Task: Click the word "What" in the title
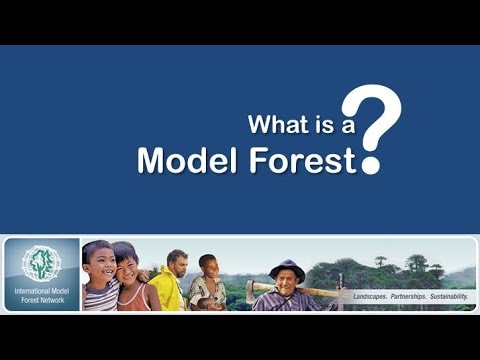[273, 126]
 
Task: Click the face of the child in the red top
[127, 268]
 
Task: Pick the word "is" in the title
[311, 126]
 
